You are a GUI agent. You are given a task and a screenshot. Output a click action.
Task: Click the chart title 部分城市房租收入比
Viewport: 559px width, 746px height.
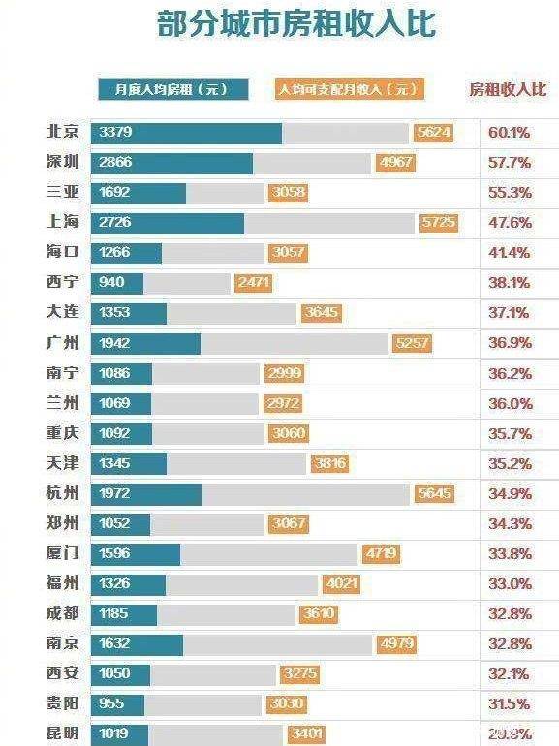295,24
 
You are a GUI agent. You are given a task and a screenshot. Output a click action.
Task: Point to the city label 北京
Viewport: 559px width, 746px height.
63,132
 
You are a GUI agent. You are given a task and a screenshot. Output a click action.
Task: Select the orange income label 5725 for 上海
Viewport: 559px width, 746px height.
437,223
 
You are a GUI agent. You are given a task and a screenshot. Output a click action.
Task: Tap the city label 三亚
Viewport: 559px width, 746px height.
63,192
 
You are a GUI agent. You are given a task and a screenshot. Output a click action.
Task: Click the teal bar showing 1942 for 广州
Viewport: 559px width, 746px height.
145,343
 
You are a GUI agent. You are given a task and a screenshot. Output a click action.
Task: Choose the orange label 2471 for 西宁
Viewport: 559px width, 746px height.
253,283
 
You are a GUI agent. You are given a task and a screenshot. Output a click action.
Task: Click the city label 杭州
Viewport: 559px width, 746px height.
63,493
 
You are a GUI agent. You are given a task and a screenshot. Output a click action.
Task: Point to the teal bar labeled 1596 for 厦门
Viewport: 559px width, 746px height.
136,554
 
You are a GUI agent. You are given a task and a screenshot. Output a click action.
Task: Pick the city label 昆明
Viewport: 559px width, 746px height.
63,733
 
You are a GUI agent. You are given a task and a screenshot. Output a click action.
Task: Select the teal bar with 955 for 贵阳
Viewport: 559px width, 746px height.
117,704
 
